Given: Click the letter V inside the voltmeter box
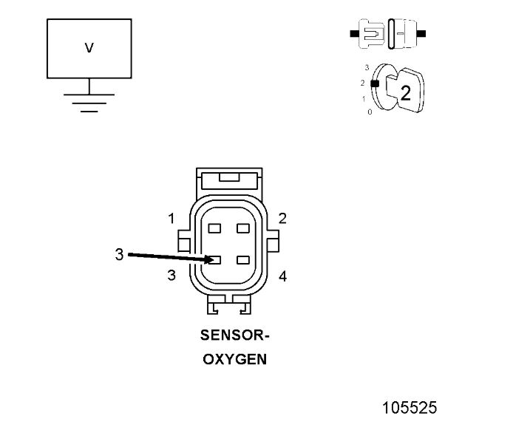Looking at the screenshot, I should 89,48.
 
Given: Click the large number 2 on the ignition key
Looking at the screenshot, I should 405,92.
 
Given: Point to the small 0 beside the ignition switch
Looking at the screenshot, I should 370,112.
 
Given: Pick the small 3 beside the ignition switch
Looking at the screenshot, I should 367,66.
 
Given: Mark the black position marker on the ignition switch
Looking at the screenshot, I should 375,83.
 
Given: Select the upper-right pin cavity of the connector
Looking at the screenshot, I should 242,228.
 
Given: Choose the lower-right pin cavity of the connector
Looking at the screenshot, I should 242,260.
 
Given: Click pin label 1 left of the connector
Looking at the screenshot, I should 171,219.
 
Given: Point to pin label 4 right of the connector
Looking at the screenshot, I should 282,276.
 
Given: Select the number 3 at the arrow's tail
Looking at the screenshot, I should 119,255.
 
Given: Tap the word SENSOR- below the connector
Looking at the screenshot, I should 235,335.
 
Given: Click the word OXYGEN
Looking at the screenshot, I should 235,361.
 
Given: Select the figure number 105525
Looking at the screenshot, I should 410,408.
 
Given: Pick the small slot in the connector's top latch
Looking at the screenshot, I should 228,177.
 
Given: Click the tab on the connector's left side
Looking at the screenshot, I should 184,242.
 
